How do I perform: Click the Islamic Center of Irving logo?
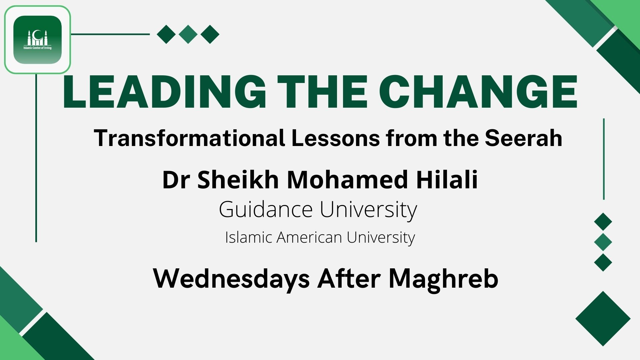pyautogui.click(x=37, y=40)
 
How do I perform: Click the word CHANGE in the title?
pyautogui.click(x=478, y=92)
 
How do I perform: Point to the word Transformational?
pyautogui.click(x=189, y=138)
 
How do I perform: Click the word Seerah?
pyautogui.click(x=523, y=138)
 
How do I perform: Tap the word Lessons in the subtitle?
pyautogui.click(x=335, y=138)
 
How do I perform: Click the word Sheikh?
pyautogui.click(x=238, y=180)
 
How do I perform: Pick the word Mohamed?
pyautogui.click(x=347, y=180)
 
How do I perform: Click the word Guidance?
pyautogui.click(x=266, y=209)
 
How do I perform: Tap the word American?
pyautogui.click(x=309, y=237)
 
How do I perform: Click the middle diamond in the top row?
pyautogui.click(x=188, y=34)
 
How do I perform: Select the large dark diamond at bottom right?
pyautogui.click(x=603, y=319)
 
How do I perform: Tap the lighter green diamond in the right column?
pyautogui.click(x=603, y=242)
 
